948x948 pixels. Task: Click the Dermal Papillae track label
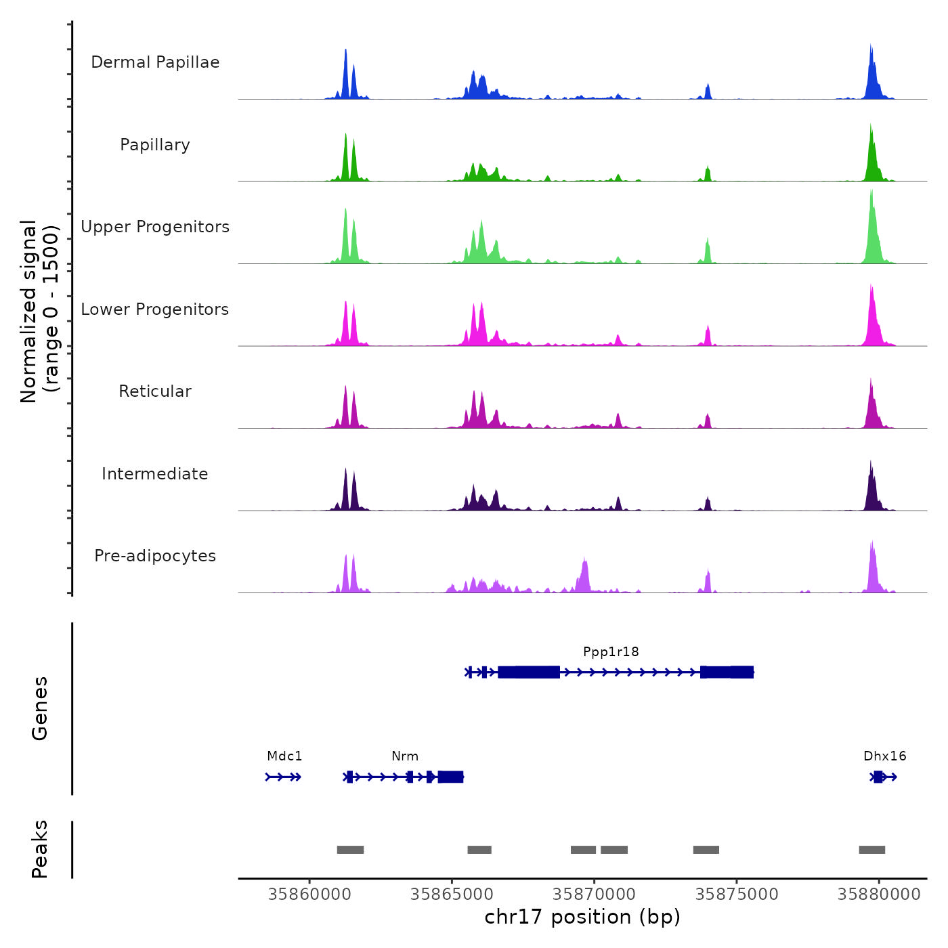tap(155, 62)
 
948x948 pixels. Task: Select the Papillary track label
tap(155, 145)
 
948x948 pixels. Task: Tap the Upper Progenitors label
tap(155, 227)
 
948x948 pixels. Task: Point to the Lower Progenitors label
tap(155, 309)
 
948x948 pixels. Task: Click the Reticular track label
tap(155, 391)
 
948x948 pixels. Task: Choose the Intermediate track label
tap(155, 474)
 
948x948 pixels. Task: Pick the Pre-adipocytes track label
tap(155, 556)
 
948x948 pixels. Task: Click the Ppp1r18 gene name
tap(611, 652)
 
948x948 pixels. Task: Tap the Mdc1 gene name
tap(284, 756)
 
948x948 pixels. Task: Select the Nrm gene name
tap(405, 756)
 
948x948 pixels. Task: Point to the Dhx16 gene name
tap(884, 756)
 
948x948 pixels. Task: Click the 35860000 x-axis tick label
tap(310, 895)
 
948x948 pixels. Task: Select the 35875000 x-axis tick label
tap(737, 895)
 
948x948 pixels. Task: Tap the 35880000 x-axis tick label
tap(879, 895)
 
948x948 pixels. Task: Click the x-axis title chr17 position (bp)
tap(582, 918)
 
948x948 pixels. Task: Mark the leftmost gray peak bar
tap(350, 850)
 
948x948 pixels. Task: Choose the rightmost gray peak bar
tap(872, 850)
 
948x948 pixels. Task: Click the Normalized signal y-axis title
tap(39, 311)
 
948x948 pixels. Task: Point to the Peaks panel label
tap(40, 849)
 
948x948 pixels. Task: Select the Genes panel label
tap(40, 708)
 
